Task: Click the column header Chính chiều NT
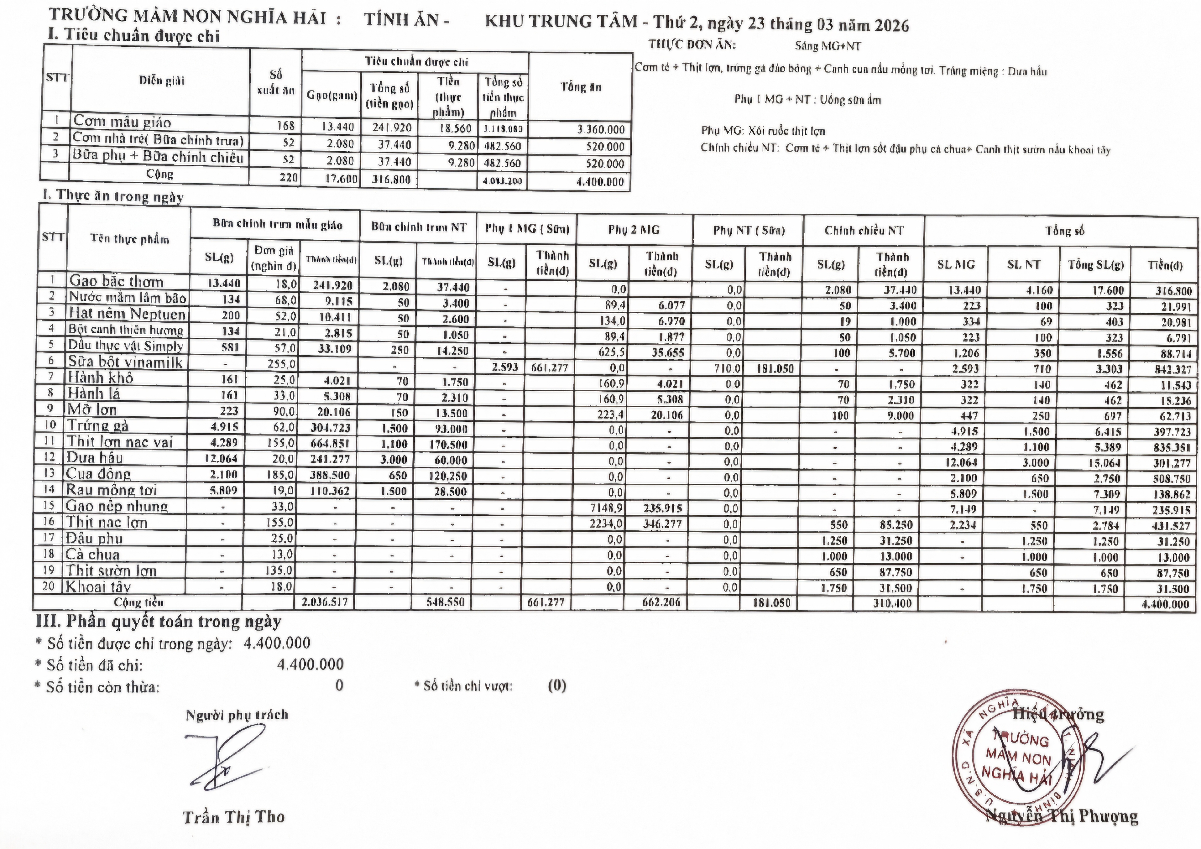click(864, 230)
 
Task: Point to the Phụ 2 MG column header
click(634, 230)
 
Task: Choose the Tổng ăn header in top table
click(581, 87)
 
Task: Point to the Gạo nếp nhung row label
click(117, 506)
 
